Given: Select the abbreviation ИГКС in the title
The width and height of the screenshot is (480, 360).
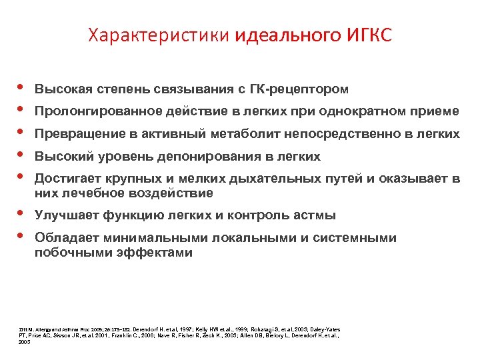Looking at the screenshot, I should coord(369,35).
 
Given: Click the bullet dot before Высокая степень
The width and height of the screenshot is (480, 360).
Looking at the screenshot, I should coord(20,87).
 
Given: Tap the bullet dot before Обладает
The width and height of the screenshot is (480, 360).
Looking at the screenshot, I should coord(20,236).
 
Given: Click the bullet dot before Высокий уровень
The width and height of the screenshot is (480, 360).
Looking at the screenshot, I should coord(20,155).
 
